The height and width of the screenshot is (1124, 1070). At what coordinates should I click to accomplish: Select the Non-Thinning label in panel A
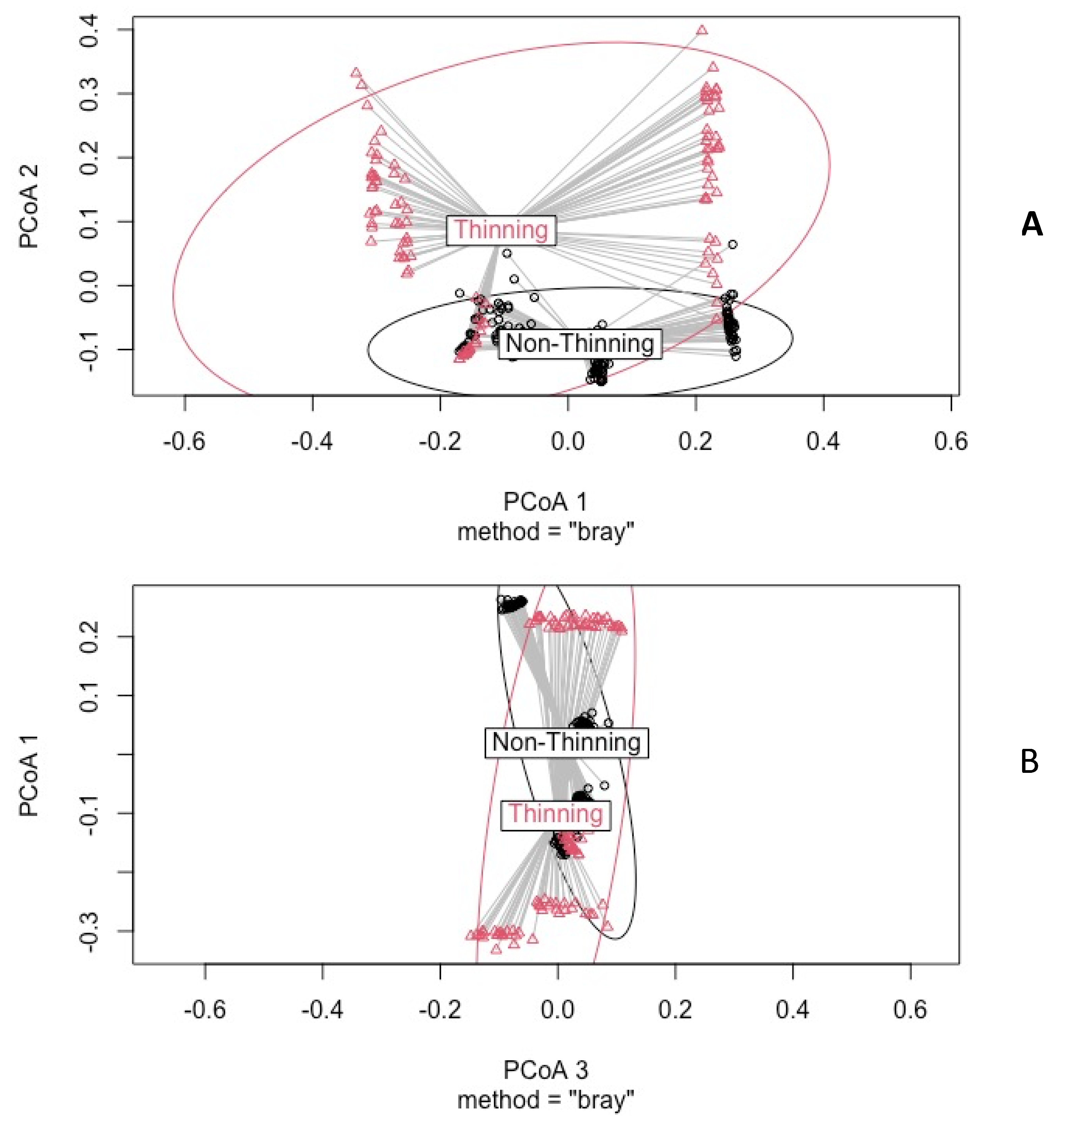click(x=579, y=344)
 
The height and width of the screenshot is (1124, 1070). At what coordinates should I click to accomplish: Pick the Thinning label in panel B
click(x=555, y=813)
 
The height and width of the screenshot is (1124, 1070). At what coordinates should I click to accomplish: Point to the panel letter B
click(x=1029, y=762)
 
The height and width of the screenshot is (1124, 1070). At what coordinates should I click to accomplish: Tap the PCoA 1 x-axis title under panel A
click(x=545, y=502)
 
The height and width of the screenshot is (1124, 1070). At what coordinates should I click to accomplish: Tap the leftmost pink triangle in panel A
click(x=356, y=73)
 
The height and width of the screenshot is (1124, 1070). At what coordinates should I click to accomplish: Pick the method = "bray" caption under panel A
click(x=545, y=532)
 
